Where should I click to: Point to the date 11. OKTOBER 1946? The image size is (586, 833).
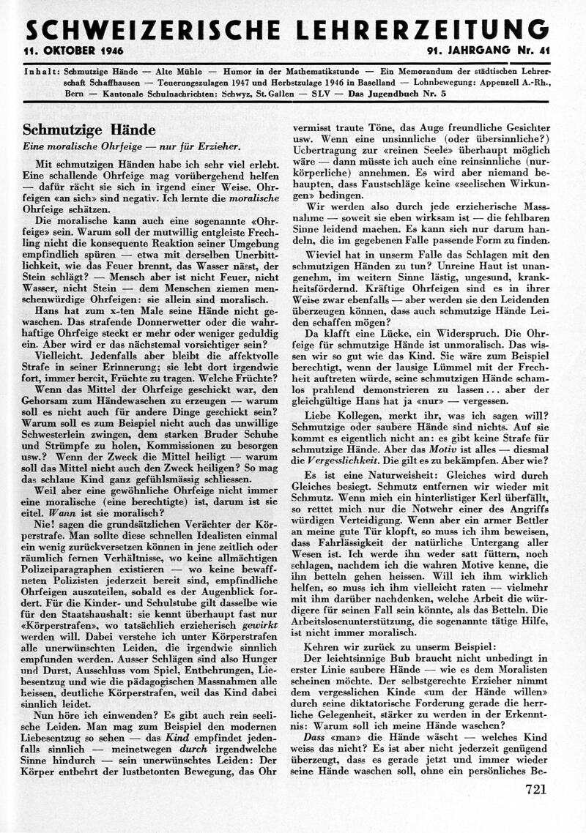point(73,51)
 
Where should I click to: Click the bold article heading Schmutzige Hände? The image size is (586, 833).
point(89,130)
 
